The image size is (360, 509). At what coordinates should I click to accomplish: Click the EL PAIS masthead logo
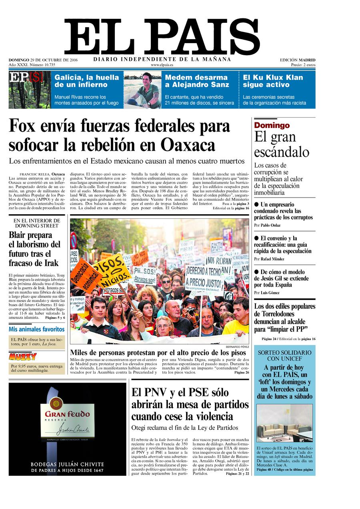click(162, 37)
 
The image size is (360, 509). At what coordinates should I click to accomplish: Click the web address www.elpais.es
click(162, 65)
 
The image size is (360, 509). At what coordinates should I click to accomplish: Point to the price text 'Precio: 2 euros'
click(303, 65)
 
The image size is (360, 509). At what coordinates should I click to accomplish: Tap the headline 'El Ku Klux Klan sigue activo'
click(273, 81)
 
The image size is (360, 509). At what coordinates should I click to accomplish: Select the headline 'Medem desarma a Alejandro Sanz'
click(197, 81)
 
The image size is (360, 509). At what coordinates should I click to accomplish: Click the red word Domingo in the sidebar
click(272, 126)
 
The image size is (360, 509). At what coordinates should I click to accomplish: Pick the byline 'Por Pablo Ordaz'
click(267, 226)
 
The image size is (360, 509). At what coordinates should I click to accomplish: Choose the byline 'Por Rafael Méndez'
click(270, 259)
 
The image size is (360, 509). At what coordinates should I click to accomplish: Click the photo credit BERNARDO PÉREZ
click(237, 347)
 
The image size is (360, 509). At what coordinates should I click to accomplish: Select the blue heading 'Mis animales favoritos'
click(36, 329)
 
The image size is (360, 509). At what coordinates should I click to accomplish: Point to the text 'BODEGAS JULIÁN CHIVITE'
click(67, 465)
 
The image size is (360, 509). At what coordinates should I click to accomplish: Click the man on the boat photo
click(142, 90)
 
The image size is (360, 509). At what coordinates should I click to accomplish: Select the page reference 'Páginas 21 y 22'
click(237, 473)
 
